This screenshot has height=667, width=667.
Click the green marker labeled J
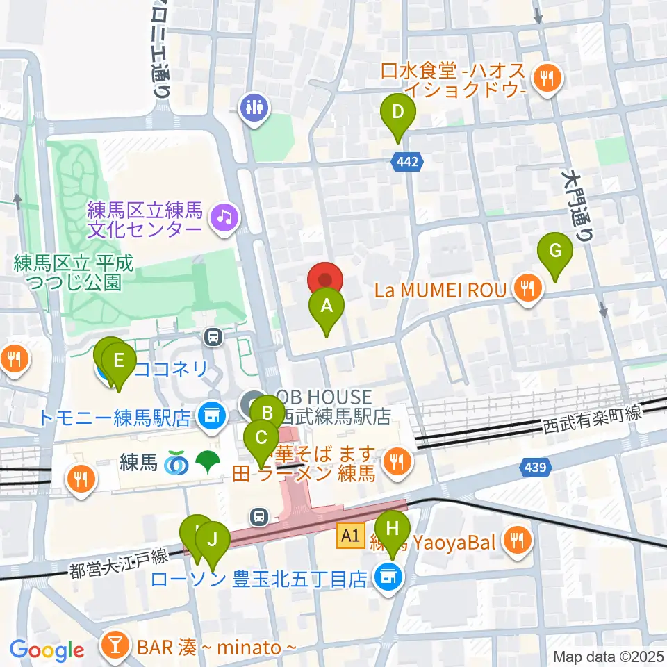(213, 539)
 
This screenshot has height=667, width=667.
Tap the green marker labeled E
(119, 361)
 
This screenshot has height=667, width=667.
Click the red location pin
(325, 279)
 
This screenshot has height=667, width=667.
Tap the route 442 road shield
(409, 162)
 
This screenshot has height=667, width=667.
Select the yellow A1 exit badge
(351, 535)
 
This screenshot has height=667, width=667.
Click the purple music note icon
(225, 217)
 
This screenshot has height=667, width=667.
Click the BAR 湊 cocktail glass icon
(115, 646)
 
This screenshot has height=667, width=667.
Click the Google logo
(47, 650)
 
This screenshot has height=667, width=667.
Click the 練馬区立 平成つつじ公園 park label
(72, 272)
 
